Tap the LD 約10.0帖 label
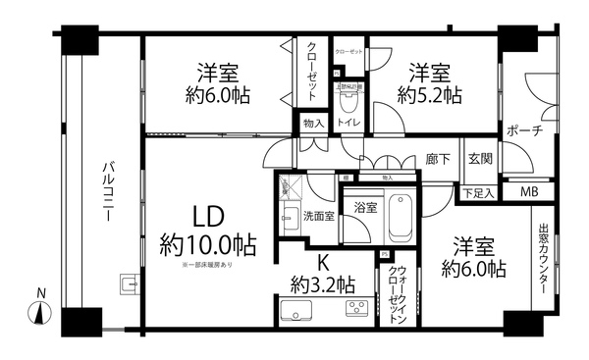click(x=206, y=230)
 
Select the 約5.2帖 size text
click(x=430, y=95)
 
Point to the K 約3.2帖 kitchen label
click(x=322, y=273)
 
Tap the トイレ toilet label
click(x=348, y=124)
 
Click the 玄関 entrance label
click(x=480, y=159)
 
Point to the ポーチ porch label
click(x=525, y=130)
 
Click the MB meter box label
click(x=528, y=191)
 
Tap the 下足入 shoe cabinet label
click(x=478, y=192)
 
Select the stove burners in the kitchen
click(x=355, y=311)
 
